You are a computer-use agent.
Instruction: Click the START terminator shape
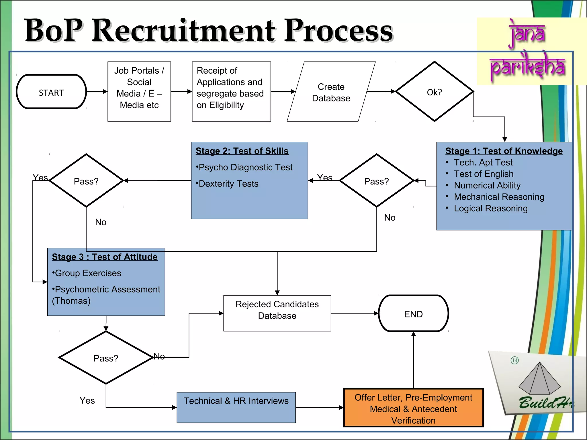(x=51, y=92)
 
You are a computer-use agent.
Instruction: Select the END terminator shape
(x=413, y=314)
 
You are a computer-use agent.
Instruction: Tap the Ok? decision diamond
(x=434, y=92)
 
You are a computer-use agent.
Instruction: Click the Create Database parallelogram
(x=331, y=92)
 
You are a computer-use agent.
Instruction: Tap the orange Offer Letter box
(x=413, y=408)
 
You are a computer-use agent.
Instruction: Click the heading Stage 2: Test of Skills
(x=242, y=151)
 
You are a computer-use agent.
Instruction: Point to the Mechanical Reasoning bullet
(x=499, y=197)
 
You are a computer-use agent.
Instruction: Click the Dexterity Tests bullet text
(x=228, y=184)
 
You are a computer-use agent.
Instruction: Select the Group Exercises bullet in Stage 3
(x=87, y=273)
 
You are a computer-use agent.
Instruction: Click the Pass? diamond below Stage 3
(x=106, y=358)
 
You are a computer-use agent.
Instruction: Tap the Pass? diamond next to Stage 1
(x=376, y=181)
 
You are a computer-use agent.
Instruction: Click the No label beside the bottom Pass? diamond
(x=159, y=356)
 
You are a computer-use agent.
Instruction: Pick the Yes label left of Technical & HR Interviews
(x=87, y=400)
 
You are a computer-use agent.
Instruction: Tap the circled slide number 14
(x=514, y=360)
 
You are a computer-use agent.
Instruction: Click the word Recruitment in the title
(x=183, y=30)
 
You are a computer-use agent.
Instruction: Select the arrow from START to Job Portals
(x=97, y=92)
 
